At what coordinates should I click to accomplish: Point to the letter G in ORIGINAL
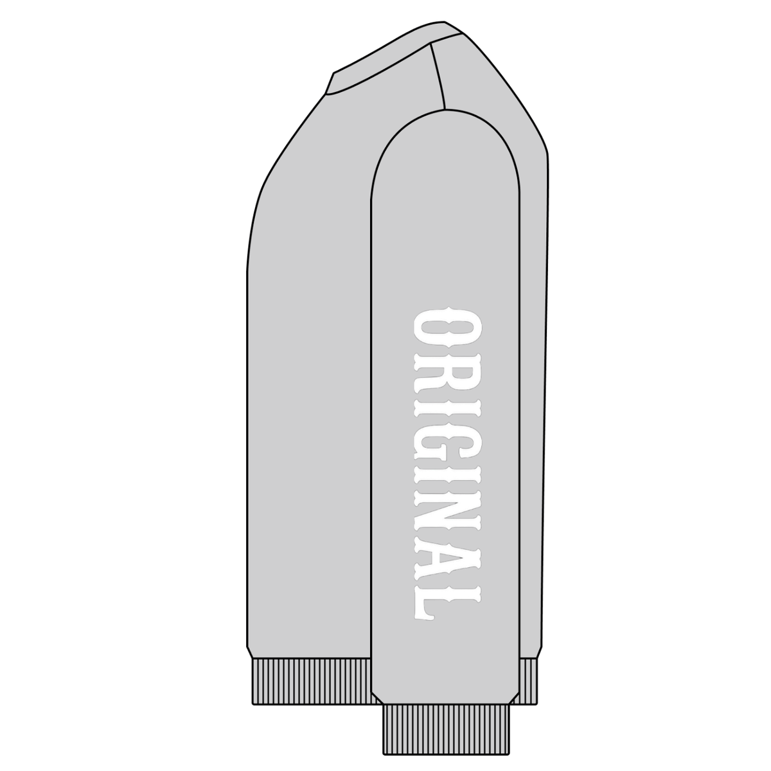(x=447, y=447)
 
